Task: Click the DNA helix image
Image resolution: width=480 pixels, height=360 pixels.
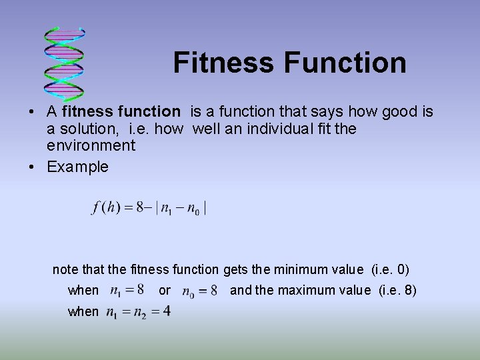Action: [x=65, y=63]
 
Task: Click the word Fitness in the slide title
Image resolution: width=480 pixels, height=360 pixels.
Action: [x=223, y=63]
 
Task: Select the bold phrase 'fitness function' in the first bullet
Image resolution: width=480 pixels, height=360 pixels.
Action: [x=121, y=111]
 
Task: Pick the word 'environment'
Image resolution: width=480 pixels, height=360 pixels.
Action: [x=91, y=145]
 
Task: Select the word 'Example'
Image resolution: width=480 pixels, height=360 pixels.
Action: [x=77, y=167]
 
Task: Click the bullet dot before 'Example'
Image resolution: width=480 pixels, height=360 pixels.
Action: [x=32, y=167]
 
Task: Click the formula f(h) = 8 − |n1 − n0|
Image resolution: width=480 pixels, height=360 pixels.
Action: [x=149, y=207]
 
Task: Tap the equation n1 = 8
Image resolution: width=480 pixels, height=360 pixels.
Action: [x=127, y=290]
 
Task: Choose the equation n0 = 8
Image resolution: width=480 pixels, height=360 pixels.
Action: [x=199, y=291]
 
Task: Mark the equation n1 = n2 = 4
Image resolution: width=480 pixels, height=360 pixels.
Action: [x=138, y=311]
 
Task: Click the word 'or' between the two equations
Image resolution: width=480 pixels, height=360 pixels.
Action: [x=165, y=291]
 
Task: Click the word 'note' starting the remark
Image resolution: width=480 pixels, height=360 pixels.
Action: [x=65, y=269]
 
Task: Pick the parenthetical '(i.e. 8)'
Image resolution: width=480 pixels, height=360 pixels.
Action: [x=397, y=291]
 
